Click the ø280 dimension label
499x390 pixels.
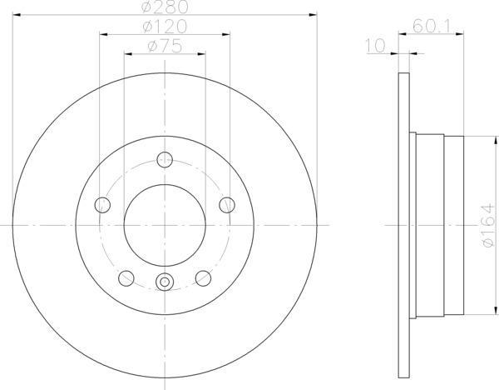pyautogui.click(x=165, y=7)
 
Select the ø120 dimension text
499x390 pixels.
pyautogui.click(x=165, y=27)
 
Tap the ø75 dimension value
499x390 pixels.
pyautogui.click(x=165, y=46)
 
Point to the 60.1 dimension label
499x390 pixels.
pyautogui.click(x=432, y=27)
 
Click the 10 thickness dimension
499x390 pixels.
pyautogui.click(x=376, y=46)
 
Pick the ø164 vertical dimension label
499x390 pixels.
pyautogui.click(x=489, y=226)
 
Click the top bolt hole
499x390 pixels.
pyautogui.click(x=165, y=159)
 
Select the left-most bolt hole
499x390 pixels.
pyautogui.click(x=102, y=205)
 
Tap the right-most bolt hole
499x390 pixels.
pyautogui.click(x=227, y=205)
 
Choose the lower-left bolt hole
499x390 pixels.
pyautogui.click(x=126, y=278)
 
